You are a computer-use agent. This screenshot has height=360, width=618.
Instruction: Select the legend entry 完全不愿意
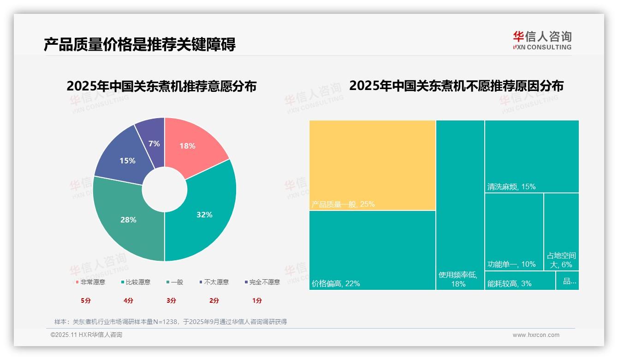(264, 282)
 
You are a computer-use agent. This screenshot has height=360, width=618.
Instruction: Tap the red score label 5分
(86, 300)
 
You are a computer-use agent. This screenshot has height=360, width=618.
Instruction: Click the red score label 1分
(257, 300)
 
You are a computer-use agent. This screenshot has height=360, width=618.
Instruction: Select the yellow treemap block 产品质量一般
(372, 165)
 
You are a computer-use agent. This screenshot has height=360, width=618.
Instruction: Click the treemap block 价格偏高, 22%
(372, 250)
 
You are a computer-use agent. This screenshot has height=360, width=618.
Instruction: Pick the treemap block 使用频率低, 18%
(460, 204)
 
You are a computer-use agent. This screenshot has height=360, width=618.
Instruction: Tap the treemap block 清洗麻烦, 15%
(531, 156)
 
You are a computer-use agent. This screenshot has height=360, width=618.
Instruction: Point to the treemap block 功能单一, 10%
(514, 231)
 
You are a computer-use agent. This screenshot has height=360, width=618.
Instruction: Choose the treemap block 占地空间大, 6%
(561, 231)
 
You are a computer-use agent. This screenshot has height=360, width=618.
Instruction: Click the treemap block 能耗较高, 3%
(520, 281)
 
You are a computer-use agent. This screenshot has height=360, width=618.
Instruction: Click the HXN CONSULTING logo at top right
(542, 40)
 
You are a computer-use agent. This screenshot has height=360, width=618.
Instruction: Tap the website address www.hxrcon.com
(536, 335)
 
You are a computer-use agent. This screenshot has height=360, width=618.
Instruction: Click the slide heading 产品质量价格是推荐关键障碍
(140, 44)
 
